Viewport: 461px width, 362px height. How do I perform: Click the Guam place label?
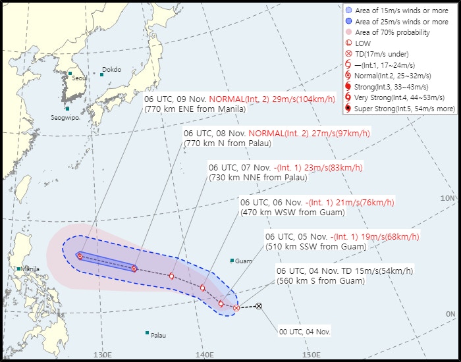point(243,261)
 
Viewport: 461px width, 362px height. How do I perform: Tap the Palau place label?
point(158,335)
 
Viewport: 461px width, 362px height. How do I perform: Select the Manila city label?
point(30,269)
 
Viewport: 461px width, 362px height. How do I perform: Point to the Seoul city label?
point(79,78)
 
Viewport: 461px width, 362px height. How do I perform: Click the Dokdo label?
point(111,70)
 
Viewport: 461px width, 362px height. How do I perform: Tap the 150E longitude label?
point(310,355)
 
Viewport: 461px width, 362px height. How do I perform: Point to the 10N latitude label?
point(448,198)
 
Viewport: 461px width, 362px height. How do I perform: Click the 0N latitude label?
point(450,315)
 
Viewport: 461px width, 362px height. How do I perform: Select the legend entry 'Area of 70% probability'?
point(392,32)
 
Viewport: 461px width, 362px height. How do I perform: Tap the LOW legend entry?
point(362,43)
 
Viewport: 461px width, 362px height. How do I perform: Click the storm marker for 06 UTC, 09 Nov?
point(80,256)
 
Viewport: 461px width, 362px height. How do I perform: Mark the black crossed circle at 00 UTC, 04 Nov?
point(259,306)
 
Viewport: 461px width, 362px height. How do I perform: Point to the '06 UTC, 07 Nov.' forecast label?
point(238,167)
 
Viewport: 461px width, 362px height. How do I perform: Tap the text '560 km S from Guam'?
point(315,281)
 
